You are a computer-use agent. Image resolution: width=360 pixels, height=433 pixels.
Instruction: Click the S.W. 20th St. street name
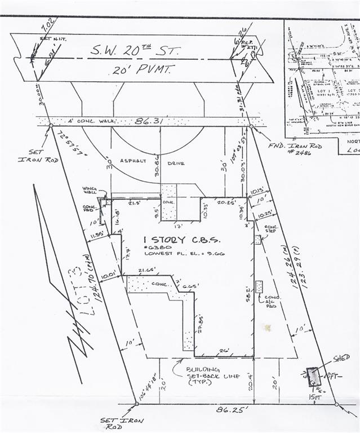click(x=135, y=51)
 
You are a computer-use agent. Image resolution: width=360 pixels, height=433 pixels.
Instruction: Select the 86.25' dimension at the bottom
click(x=232, y=410)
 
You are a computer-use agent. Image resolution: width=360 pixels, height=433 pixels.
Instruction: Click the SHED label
click(x=341, y=357)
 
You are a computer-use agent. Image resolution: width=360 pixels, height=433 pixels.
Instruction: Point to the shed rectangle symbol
click(x=313, y=377)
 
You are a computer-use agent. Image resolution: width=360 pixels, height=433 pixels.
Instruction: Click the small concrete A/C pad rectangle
click(x=259, y=286)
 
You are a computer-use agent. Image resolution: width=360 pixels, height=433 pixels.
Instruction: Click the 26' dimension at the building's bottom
click(x=224, y=351)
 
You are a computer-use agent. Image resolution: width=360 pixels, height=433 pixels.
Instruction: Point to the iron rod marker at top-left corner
click(x=51, y=125)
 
